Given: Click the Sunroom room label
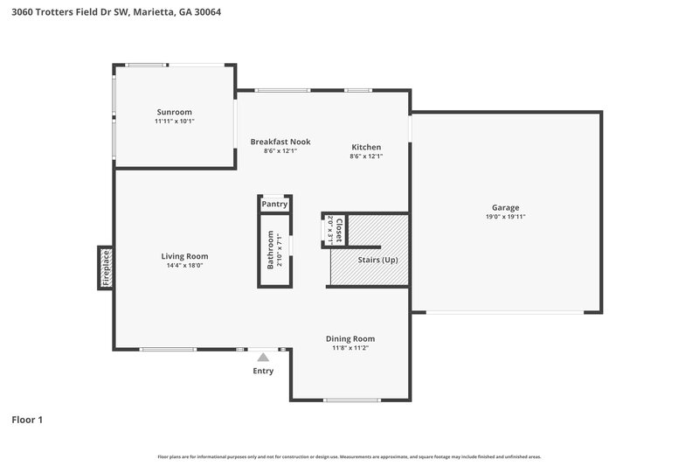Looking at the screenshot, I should [174, 112].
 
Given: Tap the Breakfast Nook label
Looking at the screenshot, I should [280, 142].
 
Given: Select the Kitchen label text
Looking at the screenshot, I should [366, 147].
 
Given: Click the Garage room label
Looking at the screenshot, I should [505, 208].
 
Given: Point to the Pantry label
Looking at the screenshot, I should [274, 204].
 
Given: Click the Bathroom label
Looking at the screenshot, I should [271, 249].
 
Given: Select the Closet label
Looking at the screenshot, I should [339, 229].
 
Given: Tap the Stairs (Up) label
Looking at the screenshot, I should [377, 261].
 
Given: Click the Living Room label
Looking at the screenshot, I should [184, 256].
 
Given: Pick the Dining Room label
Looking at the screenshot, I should [349, 338].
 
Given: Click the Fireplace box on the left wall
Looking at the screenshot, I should [105, 268].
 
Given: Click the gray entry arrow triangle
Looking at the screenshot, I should [263, 356].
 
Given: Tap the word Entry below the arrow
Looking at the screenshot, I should [263, 371].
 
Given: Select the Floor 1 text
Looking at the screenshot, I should [27, 420].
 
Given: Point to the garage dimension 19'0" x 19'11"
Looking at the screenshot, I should [505, 217].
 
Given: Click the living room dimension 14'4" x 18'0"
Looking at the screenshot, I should [184, 266].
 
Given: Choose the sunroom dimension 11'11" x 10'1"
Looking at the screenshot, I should [174, 122].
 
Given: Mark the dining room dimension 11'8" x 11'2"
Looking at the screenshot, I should [349, 348].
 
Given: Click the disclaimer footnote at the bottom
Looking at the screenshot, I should [349, 456].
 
